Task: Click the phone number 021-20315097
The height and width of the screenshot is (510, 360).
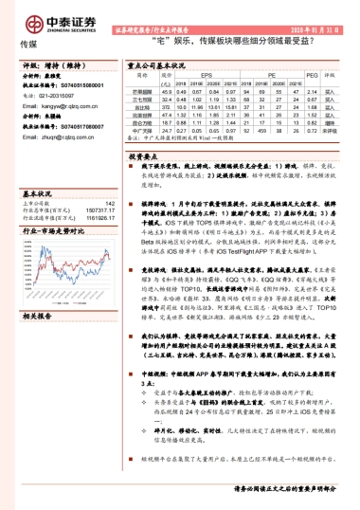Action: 56,97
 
